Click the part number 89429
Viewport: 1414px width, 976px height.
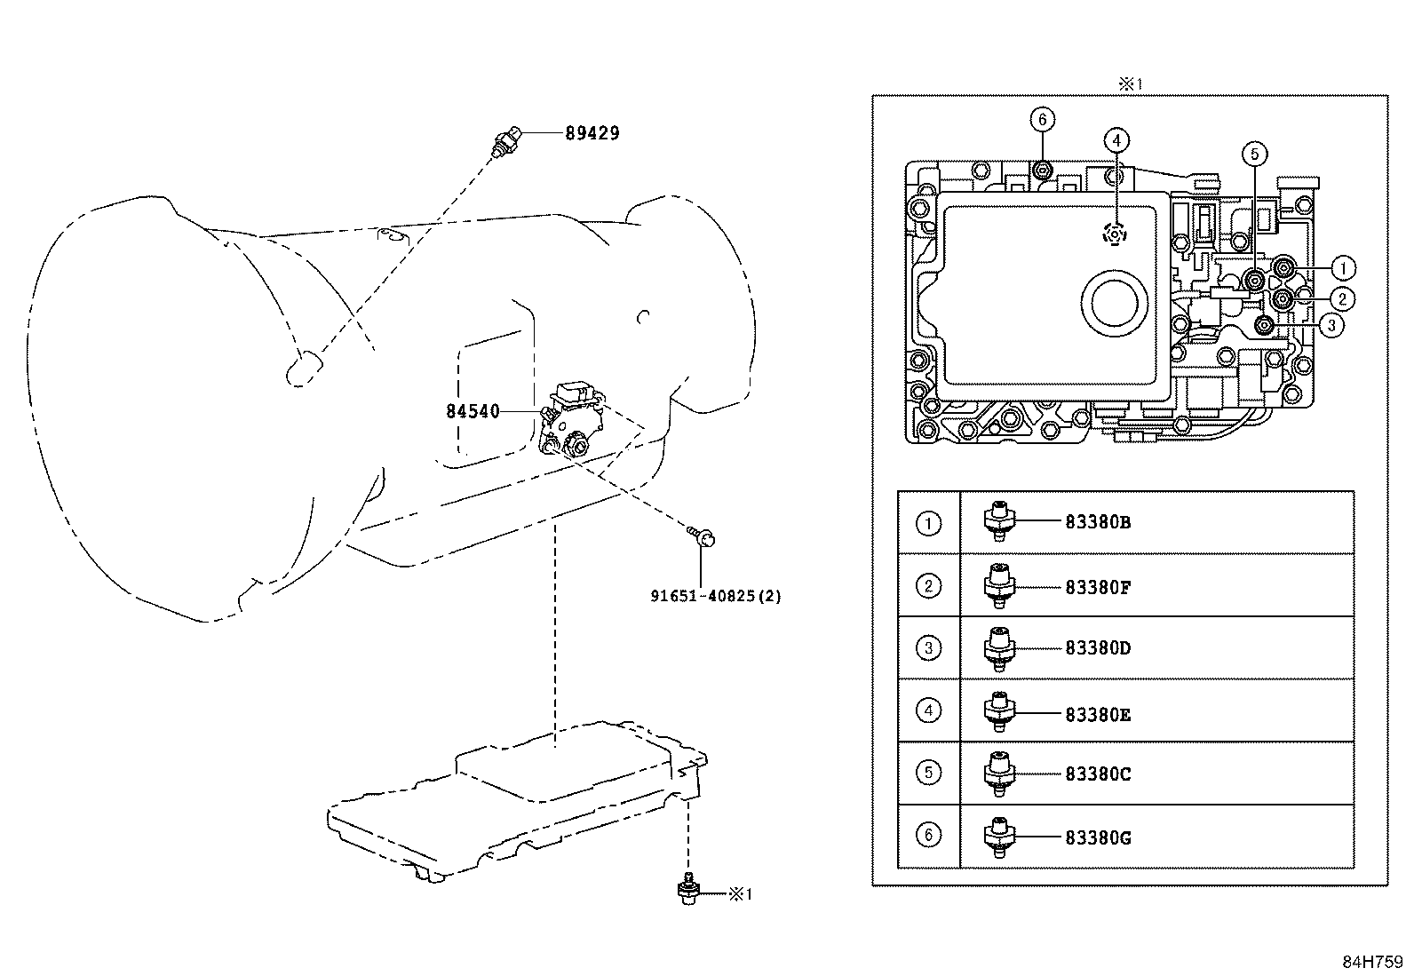(592, 133)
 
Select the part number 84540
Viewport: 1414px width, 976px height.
(473, 411)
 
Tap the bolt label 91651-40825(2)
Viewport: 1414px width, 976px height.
(715, 596)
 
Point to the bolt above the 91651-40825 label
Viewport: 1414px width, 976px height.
(703, 536)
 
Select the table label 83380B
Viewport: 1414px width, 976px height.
(1098, 522)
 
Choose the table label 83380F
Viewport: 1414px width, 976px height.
(1098, 586)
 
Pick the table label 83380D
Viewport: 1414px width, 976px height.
(1098, 648)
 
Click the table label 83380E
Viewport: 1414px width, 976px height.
(1098, 714)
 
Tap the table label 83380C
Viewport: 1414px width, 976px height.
(1098, 774)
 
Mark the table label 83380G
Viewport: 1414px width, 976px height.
(1098, 837)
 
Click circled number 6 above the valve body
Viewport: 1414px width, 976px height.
(1043, 119)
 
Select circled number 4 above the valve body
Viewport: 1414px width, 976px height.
(1116, 139)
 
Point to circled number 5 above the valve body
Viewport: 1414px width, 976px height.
(1254, 155)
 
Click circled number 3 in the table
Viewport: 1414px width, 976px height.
(928, 647)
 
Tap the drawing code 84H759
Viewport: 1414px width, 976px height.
(1371, 962)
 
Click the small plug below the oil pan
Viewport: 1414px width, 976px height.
(686, 891)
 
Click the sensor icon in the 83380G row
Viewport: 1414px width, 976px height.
(999, 837)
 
